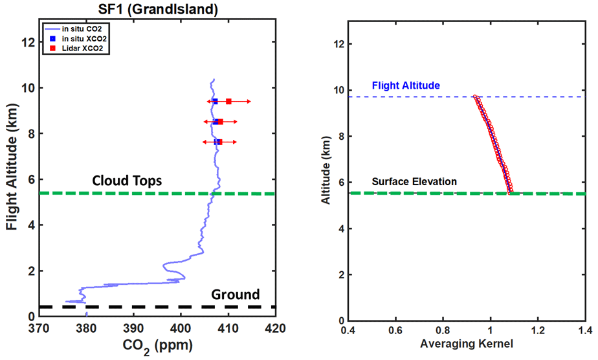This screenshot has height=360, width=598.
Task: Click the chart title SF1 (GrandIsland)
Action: [x=157, y=9]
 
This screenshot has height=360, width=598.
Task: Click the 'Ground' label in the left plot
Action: [x=236, y=295]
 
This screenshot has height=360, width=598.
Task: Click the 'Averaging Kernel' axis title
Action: [x=467, y=344]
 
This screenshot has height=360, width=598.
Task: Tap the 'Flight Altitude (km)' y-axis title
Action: [x=12, y=170]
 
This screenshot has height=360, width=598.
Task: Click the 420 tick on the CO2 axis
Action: [x=275, y=329]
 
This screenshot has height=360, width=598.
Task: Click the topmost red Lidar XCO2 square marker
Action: [x=228, y=102]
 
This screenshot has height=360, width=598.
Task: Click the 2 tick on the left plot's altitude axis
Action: [x=31, y=271]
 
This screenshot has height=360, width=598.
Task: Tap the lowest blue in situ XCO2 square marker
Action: [x=217, y=142]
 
